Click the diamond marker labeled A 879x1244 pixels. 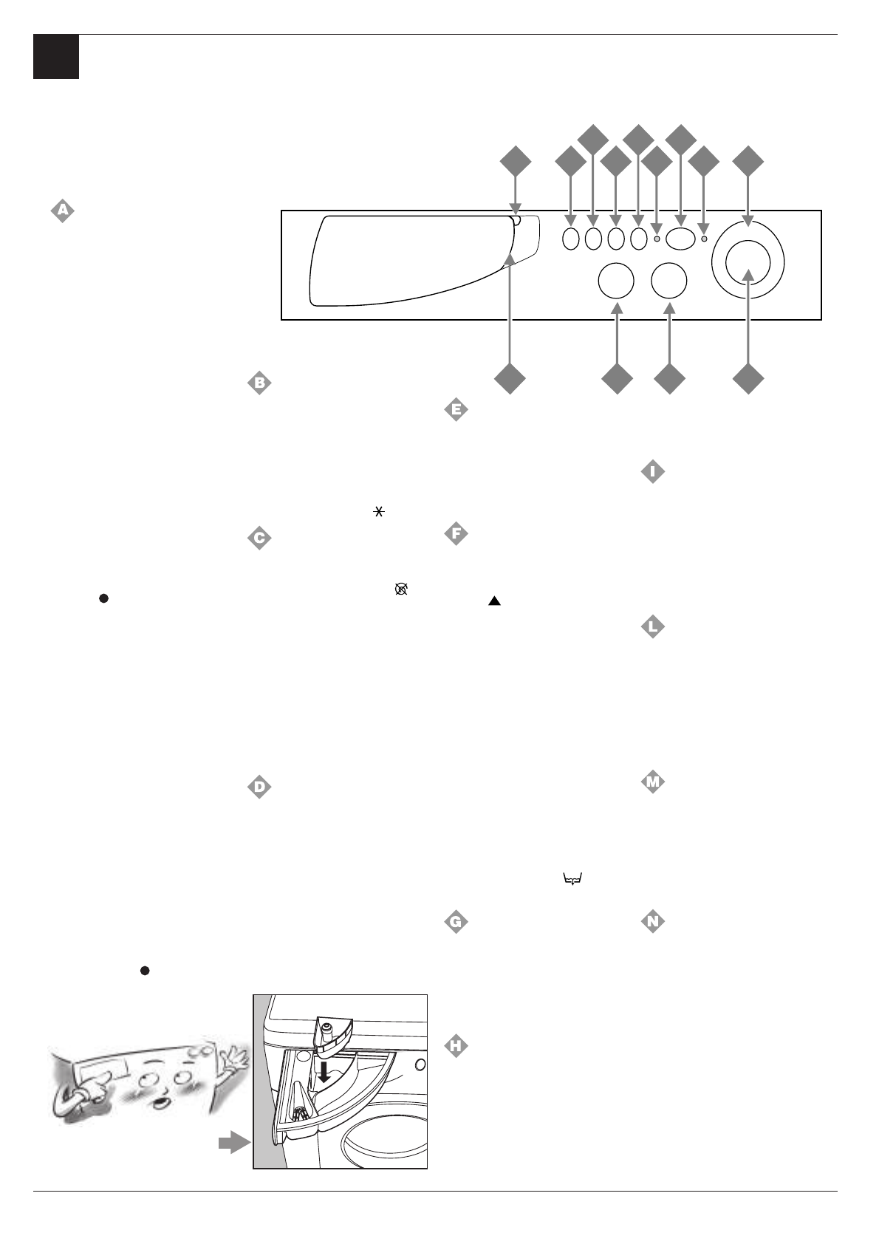tap(63, 211)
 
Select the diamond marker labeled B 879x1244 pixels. tap(259, 383)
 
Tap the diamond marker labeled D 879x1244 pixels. tap(259, 787)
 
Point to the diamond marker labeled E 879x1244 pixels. tap(456, 409)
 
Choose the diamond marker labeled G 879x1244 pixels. tap(456, 922)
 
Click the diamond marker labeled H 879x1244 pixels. tap(456, 1045)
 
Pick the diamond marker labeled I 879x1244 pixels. tap(651, 471)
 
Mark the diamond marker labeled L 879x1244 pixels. tap(651, 628)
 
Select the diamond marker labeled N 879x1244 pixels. tap(651, 922)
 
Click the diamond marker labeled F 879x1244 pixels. tap(456, 533)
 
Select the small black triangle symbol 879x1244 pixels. tap(494, 603)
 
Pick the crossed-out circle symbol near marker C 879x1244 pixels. tap(401, 589)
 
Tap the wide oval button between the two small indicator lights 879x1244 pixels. tap(680, 238)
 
